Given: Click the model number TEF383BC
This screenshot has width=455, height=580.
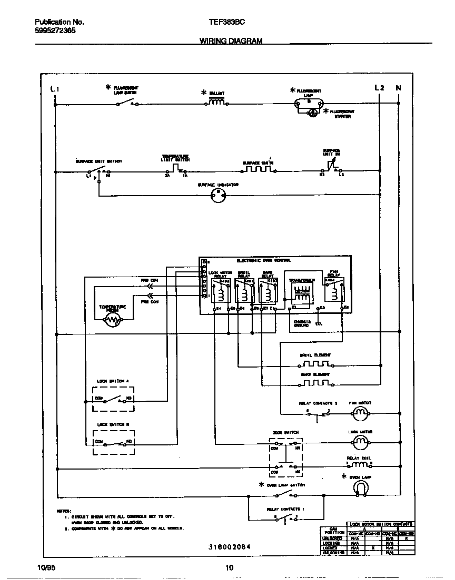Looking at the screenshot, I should tap(227, 22).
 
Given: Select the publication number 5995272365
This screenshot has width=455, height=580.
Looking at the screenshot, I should tap(55, 30).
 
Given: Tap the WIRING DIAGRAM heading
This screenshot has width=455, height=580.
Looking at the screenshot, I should tap(231, 40).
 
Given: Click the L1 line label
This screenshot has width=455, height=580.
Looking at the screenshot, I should tap(55, 89).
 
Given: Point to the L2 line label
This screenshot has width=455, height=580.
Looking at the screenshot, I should tap(379, 88).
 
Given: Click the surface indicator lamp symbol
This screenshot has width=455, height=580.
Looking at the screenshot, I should tap(218, 196).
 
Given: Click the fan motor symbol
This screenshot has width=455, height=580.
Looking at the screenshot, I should tap(361, 414).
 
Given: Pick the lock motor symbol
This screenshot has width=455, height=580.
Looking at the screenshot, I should tap(361, 443).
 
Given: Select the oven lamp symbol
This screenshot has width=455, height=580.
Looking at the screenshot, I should tap(361, 489).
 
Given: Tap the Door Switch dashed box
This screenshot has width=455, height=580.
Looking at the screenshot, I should tap(285, 456).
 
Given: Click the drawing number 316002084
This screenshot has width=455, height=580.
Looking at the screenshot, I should tap(229, 547).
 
